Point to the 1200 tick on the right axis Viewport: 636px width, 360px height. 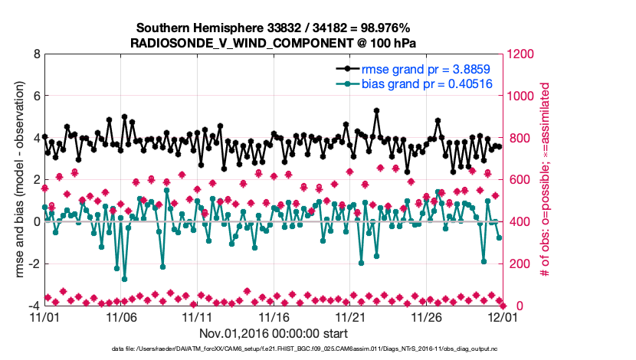(523, 54)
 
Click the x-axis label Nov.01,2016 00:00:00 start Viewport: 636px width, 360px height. (274, 333)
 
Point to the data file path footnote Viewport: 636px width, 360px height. (318, 349)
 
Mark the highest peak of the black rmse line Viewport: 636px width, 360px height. (377, 110)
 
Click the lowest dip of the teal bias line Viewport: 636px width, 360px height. (124, 279)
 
